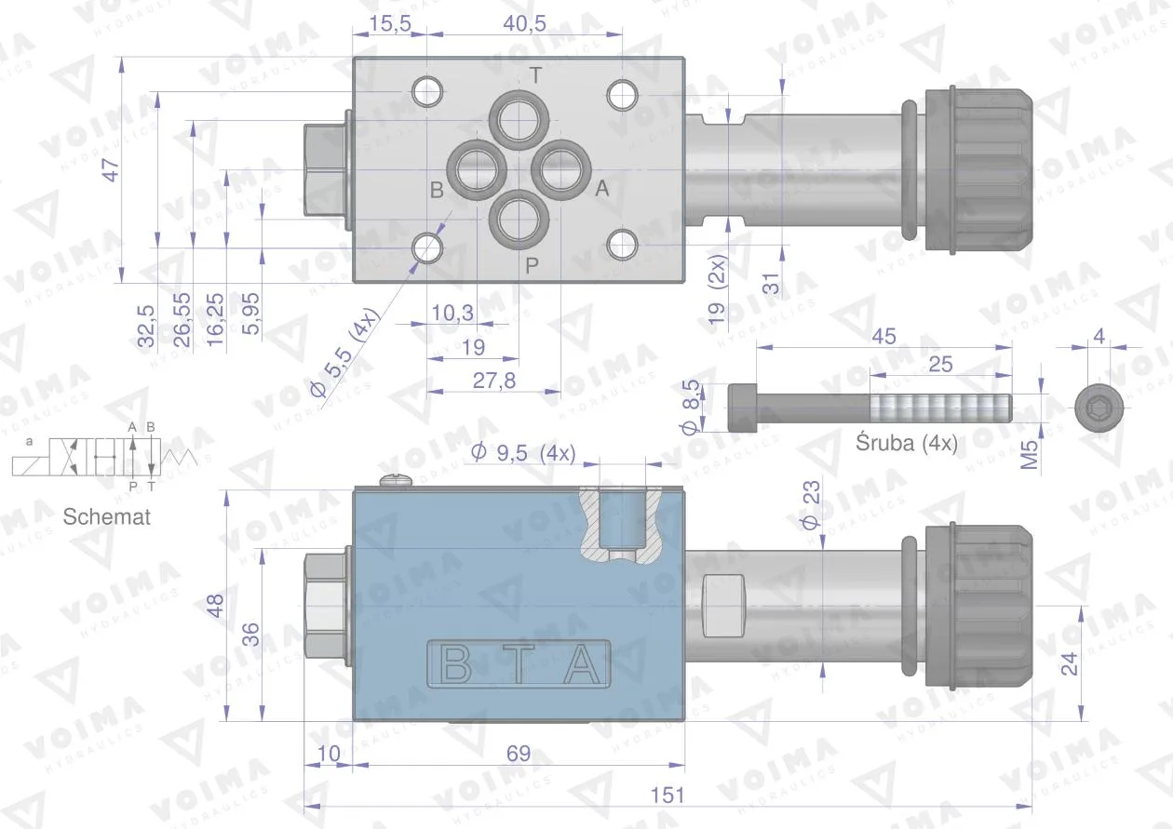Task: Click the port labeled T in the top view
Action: (x=519, y=120)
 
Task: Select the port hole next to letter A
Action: (x=561, y=169)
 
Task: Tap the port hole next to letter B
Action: (x=477, y=169)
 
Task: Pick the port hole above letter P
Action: (x=519, y=220)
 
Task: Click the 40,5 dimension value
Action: (x=524, y=23)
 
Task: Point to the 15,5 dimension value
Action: (x=390, y=23)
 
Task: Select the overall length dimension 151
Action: (x=667, y=796)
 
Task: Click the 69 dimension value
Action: (x=519, y=754)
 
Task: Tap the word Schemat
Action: (x=106, y=516)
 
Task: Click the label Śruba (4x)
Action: (x=907, y=443)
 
